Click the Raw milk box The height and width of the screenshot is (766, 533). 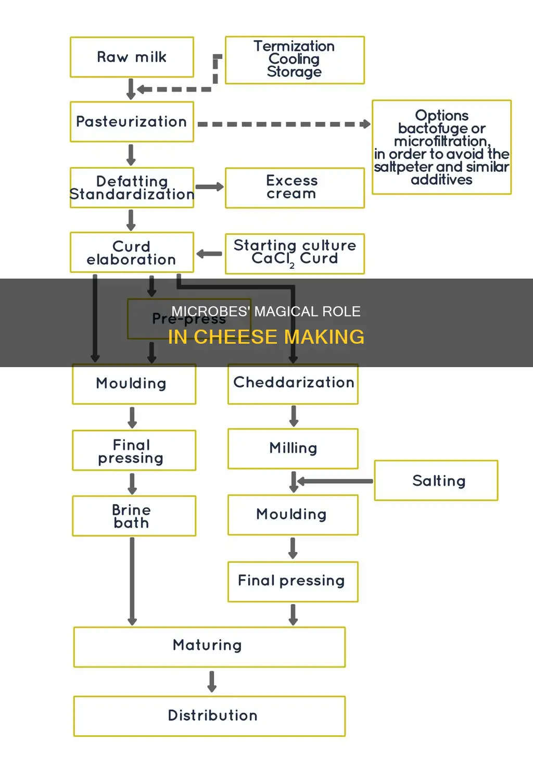(x=132, y=57)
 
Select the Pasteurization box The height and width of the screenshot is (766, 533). (x=132, y=122)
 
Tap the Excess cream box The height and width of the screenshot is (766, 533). (x=294, y=187)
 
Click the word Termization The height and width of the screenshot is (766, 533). (x=294, y=46)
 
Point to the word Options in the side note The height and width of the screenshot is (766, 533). (x=441, y=115)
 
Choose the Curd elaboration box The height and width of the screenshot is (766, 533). (x=132, y=253)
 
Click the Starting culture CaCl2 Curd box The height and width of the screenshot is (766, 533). (x=294, y=254)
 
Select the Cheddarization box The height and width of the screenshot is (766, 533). (x=293, y=383)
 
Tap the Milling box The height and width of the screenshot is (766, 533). (x=293, y=448)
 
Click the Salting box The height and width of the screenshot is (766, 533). (x=436, y=481)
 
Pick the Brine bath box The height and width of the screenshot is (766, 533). (x=134, y=516)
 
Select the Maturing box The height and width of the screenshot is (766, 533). (x=209, y=647)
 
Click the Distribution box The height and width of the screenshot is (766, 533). (x=209, y=716)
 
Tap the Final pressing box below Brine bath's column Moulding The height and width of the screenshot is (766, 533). (x=134, y=450)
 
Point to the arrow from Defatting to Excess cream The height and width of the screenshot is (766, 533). (x=209, y=187)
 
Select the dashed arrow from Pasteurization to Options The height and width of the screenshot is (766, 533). (x=284, y=124)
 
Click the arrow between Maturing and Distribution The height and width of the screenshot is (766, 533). (x=211, y=681)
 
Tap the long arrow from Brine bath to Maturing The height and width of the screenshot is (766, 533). (x=132, y=581)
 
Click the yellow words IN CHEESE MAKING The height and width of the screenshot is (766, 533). (x=266, y=337)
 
